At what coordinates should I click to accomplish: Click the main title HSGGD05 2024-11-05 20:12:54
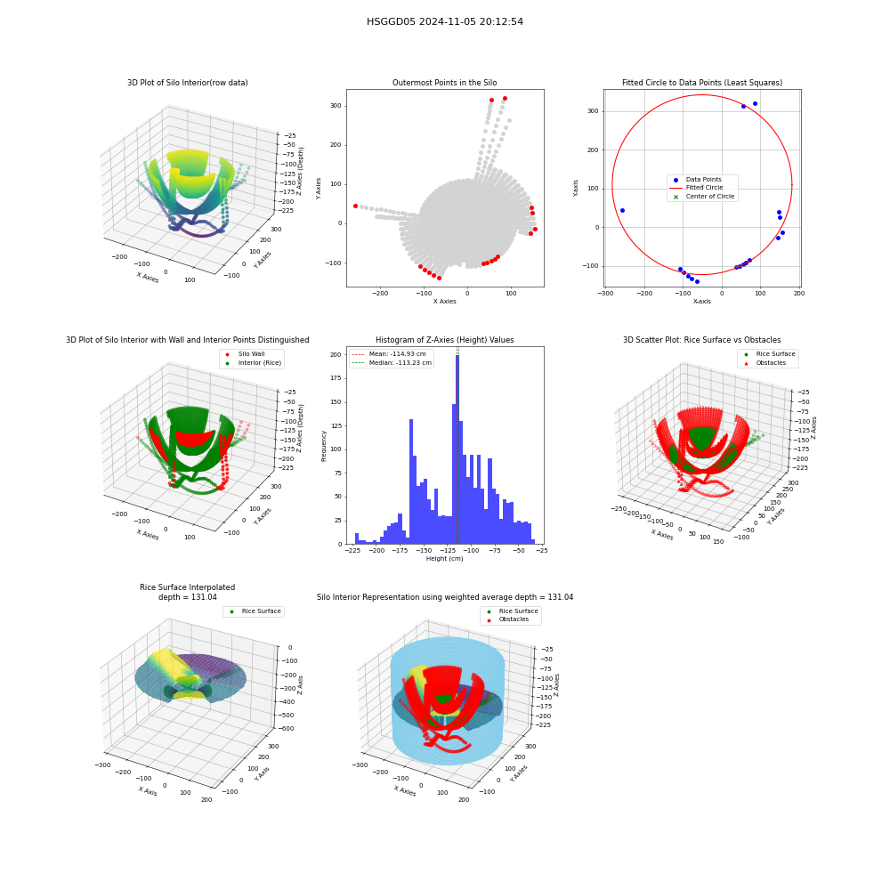444,21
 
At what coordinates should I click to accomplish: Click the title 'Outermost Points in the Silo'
444,83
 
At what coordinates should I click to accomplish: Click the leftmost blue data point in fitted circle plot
622,211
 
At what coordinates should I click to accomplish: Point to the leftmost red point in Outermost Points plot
355,206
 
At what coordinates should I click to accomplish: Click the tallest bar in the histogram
457,449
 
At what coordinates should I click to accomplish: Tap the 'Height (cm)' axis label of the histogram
444,559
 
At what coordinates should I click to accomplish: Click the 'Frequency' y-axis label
324,446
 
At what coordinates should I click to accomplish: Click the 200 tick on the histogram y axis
336,355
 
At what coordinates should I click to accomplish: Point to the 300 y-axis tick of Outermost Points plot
336,106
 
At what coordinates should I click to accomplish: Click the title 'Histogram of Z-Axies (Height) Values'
444,340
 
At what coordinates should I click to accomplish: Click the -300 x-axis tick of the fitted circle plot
605,294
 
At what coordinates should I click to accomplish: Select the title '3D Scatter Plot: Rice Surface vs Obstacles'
701,340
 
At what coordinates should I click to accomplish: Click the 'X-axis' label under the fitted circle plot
701,302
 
